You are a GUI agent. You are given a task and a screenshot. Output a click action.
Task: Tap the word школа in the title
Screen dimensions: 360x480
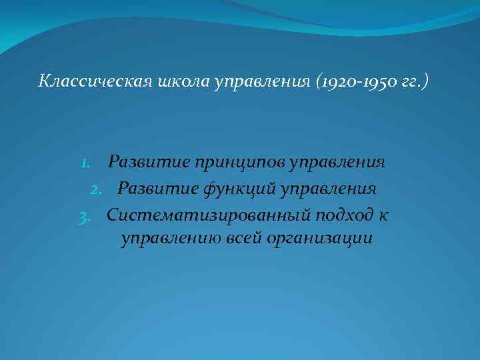(175, 81)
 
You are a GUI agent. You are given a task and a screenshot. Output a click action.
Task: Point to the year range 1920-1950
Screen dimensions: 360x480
(347, 81)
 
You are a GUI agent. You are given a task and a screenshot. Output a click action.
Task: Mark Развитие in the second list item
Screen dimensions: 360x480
(149, 189)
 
